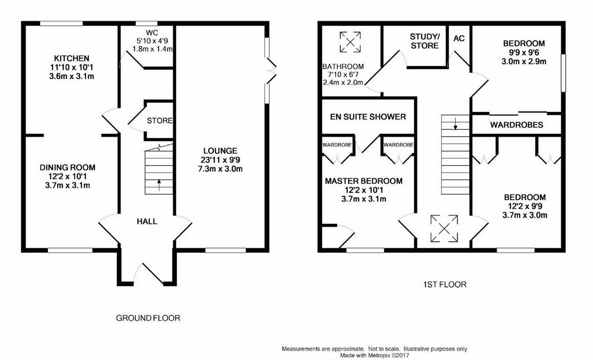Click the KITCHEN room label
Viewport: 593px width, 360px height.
(72, 58)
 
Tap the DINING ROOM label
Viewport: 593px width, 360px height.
(68, 167)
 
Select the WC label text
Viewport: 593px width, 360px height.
(152, 33)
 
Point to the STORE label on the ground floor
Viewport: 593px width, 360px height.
(159, 121)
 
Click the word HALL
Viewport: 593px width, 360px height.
(147, 221)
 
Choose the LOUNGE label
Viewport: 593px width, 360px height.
(220, 151)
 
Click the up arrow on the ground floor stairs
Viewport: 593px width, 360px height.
(159, 185)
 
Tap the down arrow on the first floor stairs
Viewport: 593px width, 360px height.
(456, 124)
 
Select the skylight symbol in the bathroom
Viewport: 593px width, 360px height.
(350, 42)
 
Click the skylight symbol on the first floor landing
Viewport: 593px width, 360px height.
(444, 229)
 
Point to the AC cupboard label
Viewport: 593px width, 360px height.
(459, 39)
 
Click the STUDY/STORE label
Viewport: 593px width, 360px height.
(425, 41)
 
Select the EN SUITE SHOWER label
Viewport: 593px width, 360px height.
(368, 117)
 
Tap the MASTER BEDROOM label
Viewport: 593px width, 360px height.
(364, 181)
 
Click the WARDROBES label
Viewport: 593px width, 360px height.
(517, 125)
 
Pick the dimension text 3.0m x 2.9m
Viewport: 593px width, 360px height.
(524, 61)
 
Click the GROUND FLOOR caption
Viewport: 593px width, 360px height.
(148, 318)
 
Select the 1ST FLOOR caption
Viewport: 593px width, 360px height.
(445, 284)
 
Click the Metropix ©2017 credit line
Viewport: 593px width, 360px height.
(375, 356)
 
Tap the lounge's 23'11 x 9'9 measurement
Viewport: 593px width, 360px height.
(220, 160)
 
